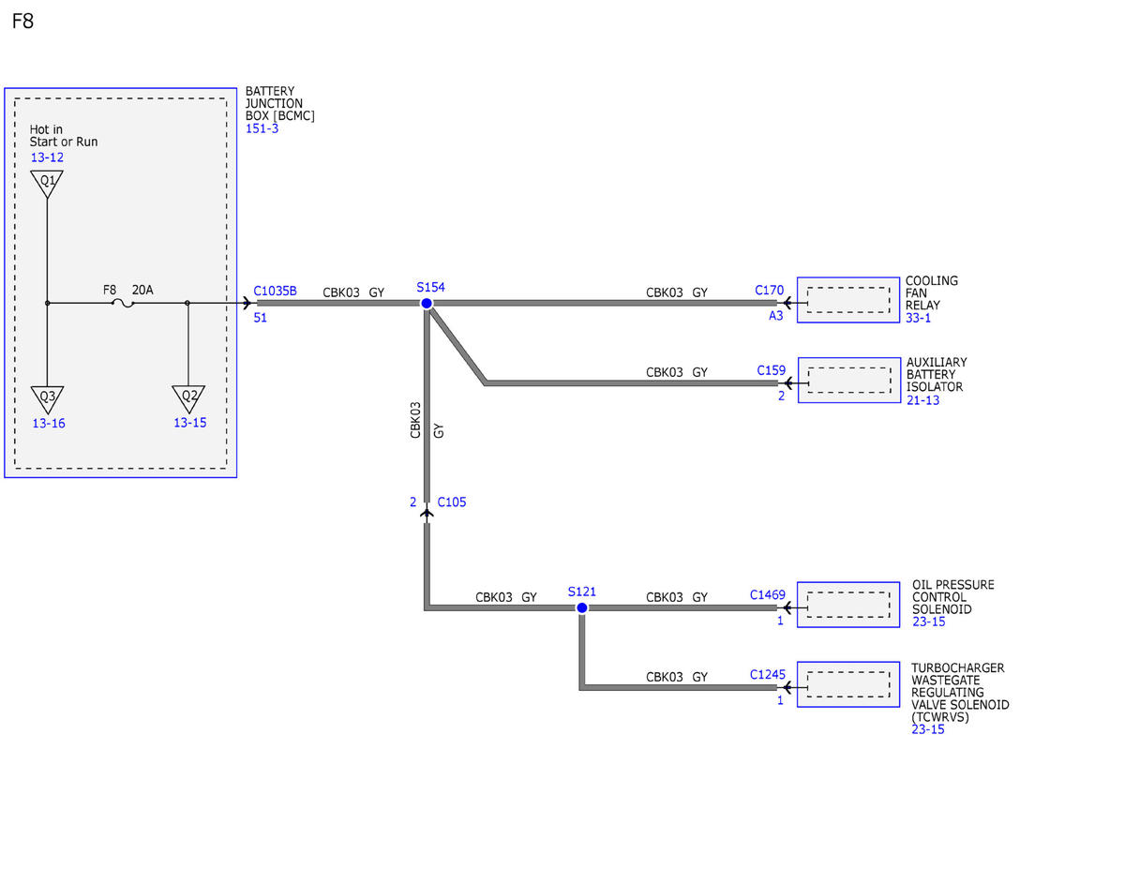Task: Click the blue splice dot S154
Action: pyautogui.click(x=427, y=304)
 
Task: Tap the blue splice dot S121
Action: pyautogui.click(x=582, y=607)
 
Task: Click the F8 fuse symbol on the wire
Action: pyautogui.click(x=123, y=304)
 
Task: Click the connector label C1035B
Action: pyautogui.click(x=275, y=291)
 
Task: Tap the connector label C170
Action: pyautogui.click(x=770, y=290)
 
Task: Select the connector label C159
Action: pyautogui.click(x=771, y=370)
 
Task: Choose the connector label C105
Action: pyautogui.click(x=452, y=502)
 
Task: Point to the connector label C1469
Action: pyautogui.click(x=767, y=594)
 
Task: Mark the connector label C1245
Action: pyautogui.click(x=767, y=674)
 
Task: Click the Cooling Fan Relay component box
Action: pyautogui.click(x=848, y=300)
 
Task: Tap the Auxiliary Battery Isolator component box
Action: pyautogui.click(x=849, y=380)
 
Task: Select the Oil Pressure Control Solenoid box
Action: pyautogui.click(x=848, y=605)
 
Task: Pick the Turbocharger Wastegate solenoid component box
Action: pyautogui.click(x=848, y=684)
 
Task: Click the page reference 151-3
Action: pyautogui.click(x=262, y=128)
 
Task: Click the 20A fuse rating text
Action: pyautogui.click(x=142, y=290)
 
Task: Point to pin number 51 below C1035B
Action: pyautogui.click(x=260, y=318)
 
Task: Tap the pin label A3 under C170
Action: pyautogui.click(x=775, y=316)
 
